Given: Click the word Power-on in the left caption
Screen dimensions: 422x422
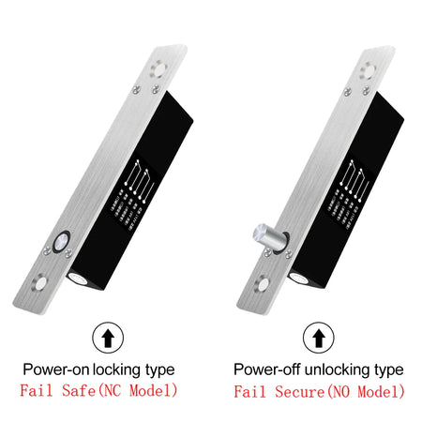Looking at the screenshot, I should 55,369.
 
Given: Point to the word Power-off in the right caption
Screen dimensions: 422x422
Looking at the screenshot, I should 266,369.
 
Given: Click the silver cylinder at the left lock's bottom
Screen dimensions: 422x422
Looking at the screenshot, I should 79,278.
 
